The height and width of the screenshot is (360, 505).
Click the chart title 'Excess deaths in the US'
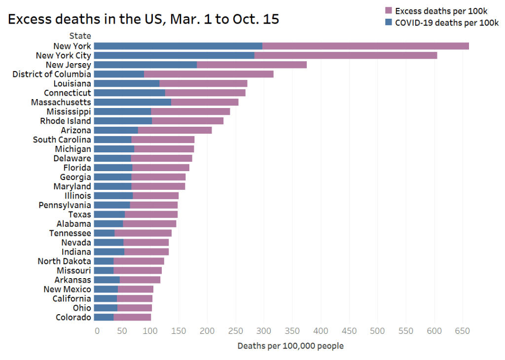[x=144, y=19]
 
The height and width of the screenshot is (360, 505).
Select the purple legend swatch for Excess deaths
[x=388, y=10]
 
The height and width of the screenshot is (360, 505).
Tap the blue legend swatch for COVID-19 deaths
[x=388, y=22]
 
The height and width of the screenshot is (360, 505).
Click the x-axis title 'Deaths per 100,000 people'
[x=290, y=346]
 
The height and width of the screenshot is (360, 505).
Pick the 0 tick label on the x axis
[x=97, y=330]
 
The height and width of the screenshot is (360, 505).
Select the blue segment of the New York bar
[x=178, y=46]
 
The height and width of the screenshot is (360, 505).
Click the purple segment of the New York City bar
[x=345, y=55]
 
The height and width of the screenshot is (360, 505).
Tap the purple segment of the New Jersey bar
[x=252, y=65]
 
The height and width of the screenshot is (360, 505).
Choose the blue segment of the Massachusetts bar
[x=132, y=102]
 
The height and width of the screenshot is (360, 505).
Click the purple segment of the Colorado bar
[x=132, y=317]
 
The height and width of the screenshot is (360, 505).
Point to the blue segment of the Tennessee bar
[x=104, y=233]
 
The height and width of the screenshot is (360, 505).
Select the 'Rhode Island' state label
[x=66, y=121]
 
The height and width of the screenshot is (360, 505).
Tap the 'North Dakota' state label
[x=64, y=261]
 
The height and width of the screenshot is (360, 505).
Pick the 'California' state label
[x=72, y=298]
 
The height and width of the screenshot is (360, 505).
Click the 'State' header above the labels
[x=80, y=36]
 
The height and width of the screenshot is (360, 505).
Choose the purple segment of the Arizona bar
[x=175, y=130]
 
